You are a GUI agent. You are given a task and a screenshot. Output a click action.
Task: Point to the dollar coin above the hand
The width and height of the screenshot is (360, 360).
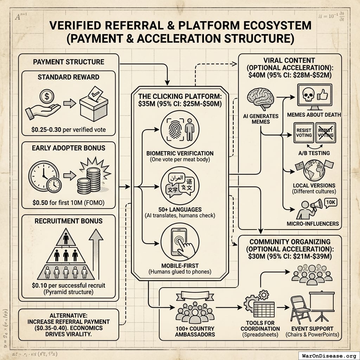point(46,95)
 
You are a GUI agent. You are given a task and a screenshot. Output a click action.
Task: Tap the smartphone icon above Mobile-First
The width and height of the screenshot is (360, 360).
point(178,242)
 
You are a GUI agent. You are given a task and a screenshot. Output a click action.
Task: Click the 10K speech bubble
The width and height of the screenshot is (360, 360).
point(330,202)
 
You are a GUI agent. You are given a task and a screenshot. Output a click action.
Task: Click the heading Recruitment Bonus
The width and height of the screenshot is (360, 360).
point(69,221)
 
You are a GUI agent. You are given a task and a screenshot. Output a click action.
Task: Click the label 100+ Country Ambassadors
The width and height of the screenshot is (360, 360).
point(195,331)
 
